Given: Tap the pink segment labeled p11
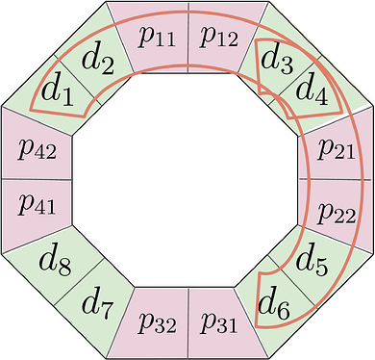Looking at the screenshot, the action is (x=154, y=38).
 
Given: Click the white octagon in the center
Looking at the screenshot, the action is (x=187, y=179).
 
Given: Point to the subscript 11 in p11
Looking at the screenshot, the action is (x=163, y=40).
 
